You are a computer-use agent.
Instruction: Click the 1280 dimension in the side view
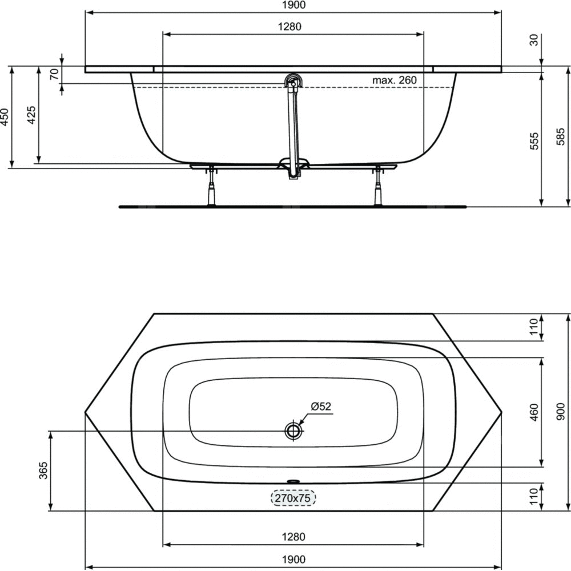click(289, 27)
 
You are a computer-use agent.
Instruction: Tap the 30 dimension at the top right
click(533, 40)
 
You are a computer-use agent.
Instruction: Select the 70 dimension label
click(54, 74)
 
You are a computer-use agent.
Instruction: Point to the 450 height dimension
click(4, 117)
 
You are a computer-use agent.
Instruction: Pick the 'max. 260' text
click(395, 80)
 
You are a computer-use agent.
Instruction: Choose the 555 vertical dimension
click(533, 141)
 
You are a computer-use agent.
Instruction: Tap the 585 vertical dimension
click(561, 136)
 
